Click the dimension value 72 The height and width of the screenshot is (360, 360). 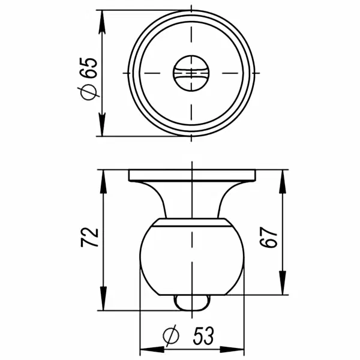click(89, 238)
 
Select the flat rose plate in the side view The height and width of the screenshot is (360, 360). click(191, 175)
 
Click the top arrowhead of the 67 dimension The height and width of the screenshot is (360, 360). click(282, 176)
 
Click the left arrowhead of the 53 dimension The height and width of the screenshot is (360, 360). click(145, 350)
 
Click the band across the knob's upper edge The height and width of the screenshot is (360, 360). click(191, 224)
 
